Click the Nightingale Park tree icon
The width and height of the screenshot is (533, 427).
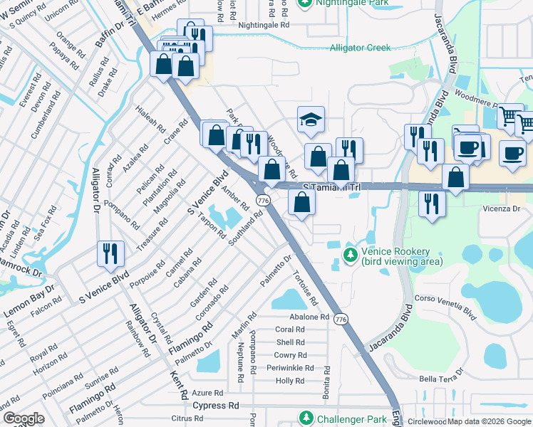coord(305,4)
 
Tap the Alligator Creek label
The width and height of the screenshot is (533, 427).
coord(360,48)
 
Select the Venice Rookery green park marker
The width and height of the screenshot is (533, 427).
coord(350,254)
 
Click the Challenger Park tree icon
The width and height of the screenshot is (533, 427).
coord(306,418)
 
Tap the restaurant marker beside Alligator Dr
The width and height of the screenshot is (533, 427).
coord(110,253)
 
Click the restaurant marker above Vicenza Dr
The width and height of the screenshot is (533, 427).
coord(432,202)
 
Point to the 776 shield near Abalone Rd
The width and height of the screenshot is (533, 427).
coord(342,318)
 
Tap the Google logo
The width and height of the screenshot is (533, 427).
coord(24,418)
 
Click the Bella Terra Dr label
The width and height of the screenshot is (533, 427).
coord(441,378)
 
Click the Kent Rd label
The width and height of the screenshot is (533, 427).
coord(178,385)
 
